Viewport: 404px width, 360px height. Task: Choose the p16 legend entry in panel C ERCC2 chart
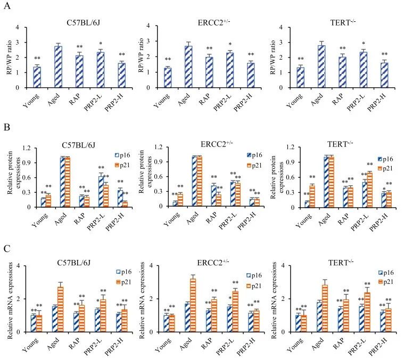pyautogui.click(x=251, y=275)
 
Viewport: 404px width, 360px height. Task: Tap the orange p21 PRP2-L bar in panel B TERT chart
pyautogui.click(x=369, y=190)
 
